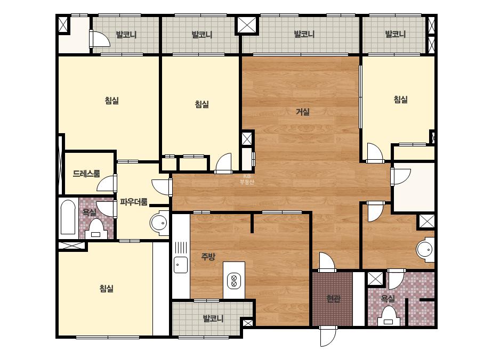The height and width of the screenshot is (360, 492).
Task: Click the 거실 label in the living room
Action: [x=303, y=112]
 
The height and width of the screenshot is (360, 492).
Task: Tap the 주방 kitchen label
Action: [x=208, y=257]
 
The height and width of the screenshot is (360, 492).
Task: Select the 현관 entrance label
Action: [x=333, y=299]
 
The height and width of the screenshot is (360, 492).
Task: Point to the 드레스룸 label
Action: [x=86, y=174]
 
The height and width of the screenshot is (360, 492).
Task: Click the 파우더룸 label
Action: [x=134, y=202]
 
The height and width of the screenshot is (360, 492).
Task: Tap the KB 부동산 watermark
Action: [x=247, y=179]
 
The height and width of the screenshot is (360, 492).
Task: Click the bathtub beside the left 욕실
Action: [x=68, y=217]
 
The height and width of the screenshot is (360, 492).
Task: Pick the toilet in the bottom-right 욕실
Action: [x=389, y=316]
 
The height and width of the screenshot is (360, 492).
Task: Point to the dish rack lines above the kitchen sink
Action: [x=181, y=248]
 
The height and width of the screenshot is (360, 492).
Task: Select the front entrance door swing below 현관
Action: [x=328, y=336]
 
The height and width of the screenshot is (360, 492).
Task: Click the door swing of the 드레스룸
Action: [x=107, y=183]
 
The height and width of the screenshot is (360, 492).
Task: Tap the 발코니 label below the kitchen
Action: [x=213, y=318]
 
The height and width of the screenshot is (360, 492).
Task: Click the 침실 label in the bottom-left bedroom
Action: [x=107, y=288]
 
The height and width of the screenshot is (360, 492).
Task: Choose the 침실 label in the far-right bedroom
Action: [x=400, y=100]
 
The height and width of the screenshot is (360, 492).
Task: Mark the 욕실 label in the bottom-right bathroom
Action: [x=388, y=299]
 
